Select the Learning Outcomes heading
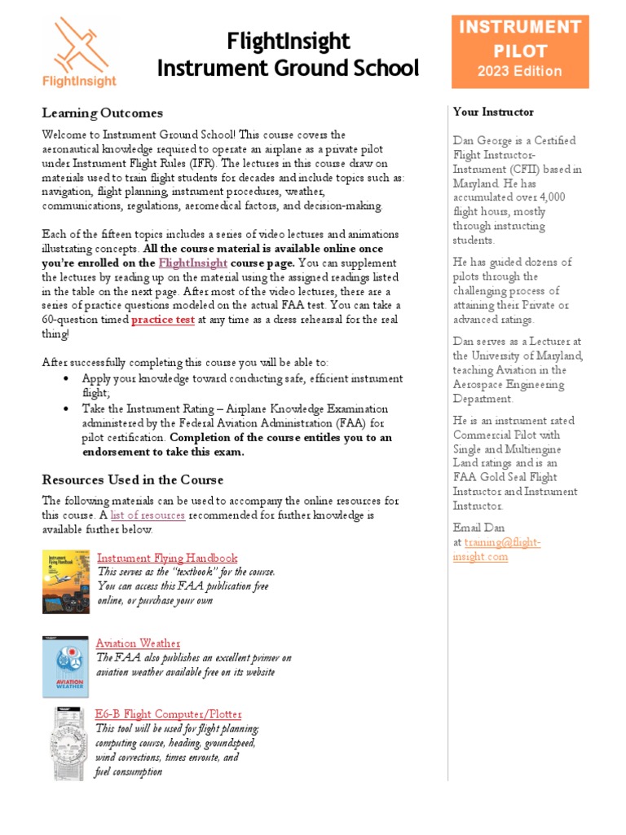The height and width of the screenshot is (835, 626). click(103, 113)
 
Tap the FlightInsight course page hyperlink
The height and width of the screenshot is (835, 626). click(193, 263)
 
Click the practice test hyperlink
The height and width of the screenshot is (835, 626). click(163, 320)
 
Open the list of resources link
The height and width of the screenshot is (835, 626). click(148, 515)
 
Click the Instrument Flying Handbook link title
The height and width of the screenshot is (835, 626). click(167, 558)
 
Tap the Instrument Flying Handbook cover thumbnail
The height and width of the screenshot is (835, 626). click(66, 581)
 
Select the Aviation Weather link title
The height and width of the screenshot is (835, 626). click(138, 643)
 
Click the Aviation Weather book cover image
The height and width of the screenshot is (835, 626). click(66, 667)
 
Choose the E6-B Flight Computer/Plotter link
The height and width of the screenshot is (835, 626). click(168, 714)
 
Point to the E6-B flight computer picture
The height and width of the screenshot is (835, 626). click(66, 744)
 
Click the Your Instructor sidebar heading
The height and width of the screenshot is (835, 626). click(493, 112)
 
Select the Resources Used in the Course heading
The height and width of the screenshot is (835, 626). click(133, 479)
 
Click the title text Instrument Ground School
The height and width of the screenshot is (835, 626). click(288, 68)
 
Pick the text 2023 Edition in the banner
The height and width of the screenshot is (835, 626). click(520, 71)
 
